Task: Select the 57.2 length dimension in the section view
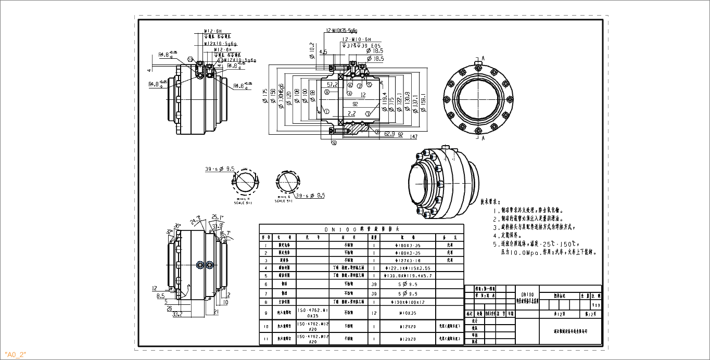(332, 84)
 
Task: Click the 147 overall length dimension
(414, 137)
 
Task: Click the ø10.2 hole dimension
(312, 47)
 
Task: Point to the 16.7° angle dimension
(224, 234)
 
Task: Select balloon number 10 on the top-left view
(191, 59)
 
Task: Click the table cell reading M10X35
(408, 313)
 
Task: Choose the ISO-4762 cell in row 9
(312, 313)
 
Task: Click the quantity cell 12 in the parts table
(374, 313)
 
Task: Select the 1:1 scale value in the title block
(595, 305)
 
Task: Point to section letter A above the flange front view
(483, 58)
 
